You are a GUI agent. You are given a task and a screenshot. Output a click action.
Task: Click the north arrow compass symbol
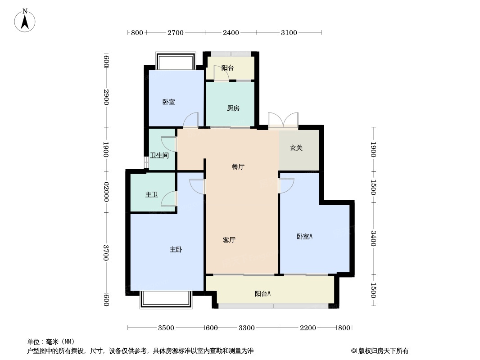pos(25,21)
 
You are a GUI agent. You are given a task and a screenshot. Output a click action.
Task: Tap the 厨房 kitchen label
pos(233,108)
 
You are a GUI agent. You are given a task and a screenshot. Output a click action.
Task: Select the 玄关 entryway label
pos(296,148)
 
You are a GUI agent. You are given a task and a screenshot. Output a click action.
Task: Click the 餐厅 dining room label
pos(238,166)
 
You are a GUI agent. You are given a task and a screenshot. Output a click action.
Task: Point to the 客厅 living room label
pos(229,240)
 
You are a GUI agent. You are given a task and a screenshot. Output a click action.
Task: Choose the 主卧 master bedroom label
pos(176,249)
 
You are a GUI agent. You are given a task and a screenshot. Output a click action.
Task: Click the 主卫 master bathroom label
pos(151,195)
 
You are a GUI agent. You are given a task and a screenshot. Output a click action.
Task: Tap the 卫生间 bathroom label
pos(159,156)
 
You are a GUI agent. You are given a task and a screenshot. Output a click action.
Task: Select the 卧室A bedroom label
pos(304,236)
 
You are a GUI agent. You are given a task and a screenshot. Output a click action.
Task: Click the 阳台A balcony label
pos(263,294)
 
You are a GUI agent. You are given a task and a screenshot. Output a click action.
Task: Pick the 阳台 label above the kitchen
pos(227,68)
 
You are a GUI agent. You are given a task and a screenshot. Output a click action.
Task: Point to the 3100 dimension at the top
pos(289,32)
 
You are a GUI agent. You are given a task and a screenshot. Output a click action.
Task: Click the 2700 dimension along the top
pos(175,32)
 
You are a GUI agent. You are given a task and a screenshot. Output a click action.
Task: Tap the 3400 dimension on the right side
pos(373,238)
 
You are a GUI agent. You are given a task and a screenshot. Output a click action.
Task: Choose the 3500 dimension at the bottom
pos(166,328)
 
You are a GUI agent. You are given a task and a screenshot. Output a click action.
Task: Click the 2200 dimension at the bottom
pos(308,328)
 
